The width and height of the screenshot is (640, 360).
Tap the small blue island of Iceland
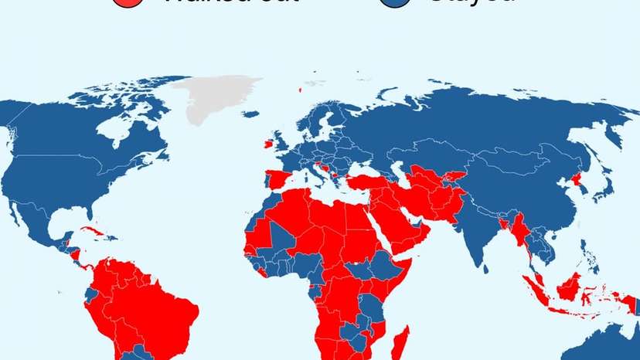pos(250,114)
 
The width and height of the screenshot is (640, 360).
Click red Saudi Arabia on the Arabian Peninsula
pos(401,223)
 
